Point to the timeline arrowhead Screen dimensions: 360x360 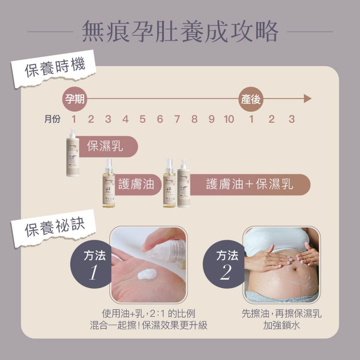click(x=307, y=98)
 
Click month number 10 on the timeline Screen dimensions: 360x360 click(x=229, y=119)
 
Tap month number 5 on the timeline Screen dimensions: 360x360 click(x=143, y=119)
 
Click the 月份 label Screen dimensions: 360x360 click(x=53, y=119)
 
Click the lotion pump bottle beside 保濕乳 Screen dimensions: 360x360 click(x=73, y=153)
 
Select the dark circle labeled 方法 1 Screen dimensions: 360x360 click(x=93, y=265)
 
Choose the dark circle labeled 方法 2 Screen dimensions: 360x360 click(x=226, y=265)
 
